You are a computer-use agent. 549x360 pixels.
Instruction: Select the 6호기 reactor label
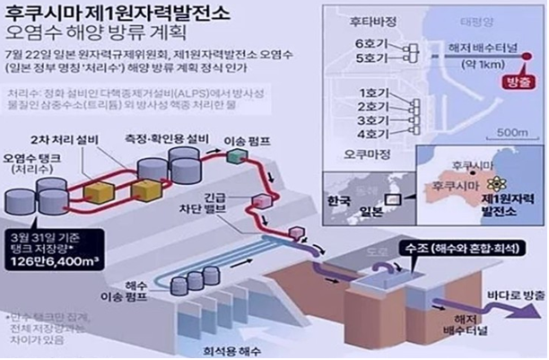(x=368, y=45)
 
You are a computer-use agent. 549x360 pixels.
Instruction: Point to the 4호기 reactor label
(x=367, y=134)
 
